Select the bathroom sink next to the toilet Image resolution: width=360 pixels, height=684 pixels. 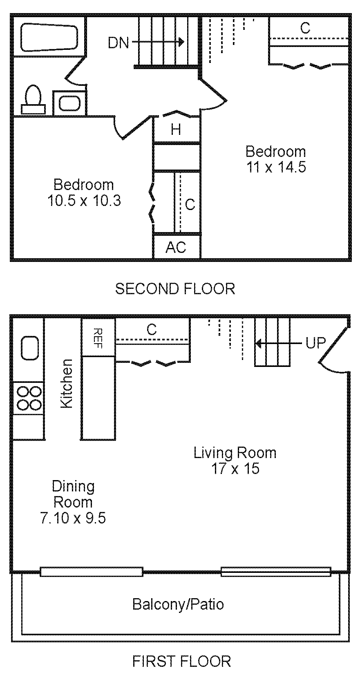70,103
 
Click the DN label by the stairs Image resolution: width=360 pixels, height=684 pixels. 118,42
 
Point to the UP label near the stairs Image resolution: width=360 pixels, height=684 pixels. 315,343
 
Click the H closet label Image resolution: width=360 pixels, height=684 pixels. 176,130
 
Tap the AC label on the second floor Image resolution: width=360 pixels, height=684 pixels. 176,247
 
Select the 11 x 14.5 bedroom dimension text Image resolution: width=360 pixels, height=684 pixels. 276,167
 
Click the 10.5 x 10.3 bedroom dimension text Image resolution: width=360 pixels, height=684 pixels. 84,201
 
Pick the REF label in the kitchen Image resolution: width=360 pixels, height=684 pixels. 98,338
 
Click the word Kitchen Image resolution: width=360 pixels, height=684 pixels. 67,383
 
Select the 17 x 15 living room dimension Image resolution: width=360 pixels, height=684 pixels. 235,468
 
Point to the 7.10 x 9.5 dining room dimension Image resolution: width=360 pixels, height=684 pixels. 73,518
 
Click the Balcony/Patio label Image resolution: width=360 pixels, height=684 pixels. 178,604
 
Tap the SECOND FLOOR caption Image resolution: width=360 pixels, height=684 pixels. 175,289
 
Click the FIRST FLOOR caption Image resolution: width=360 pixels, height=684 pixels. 181,661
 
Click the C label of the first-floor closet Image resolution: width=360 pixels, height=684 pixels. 152,329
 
